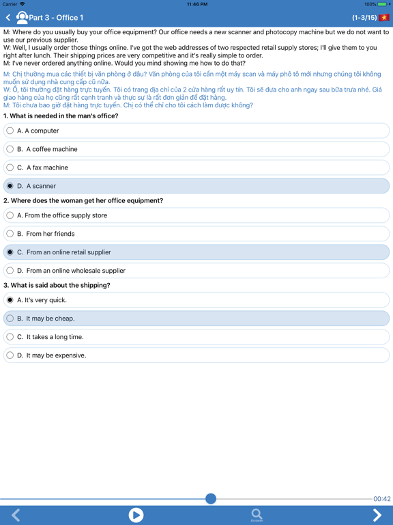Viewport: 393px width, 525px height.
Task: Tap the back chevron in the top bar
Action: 8,18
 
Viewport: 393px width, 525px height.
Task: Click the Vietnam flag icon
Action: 384,18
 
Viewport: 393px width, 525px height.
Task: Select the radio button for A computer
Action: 10,131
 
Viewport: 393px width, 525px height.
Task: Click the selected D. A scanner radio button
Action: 10,186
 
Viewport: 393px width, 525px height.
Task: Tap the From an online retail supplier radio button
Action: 10,252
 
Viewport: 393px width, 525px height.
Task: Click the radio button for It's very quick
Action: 10,300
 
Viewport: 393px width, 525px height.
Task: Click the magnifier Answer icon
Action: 257,515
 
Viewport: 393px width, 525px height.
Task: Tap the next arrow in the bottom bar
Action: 377,515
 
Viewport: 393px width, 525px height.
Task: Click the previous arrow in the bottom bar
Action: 16,515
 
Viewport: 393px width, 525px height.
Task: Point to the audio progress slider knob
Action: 211,499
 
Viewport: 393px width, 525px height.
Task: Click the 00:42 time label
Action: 382,499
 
